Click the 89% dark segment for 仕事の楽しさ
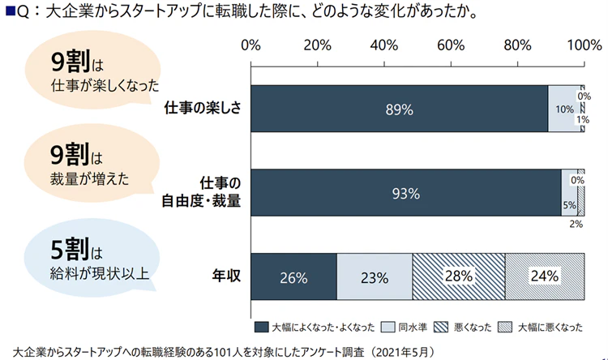coord(400,109)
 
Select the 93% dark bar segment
coord(406,193)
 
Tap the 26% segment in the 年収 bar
coord(293,277)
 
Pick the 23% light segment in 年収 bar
coord(375,277)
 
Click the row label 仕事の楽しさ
coord(203,109)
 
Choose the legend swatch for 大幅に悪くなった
coord(505,328)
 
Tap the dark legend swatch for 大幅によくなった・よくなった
coord(261,328)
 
